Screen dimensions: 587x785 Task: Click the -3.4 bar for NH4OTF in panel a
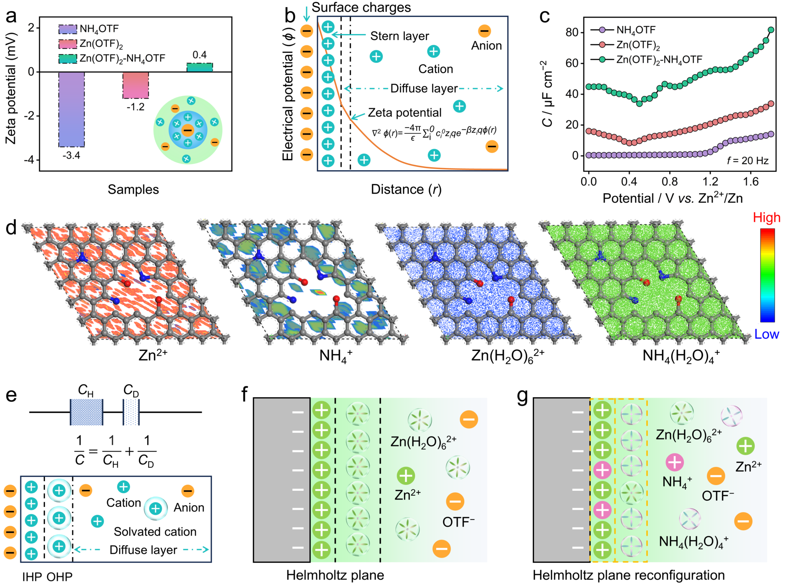pyautogui.click(x=72, y=109)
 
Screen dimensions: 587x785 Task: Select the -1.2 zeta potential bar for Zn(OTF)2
pyautogui.click(x=136, y=85)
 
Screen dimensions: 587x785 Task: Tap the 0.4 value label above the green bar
pyautogui.click(x=199, y=55)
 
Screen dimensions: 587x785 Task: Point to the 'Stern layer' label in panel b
pyautogui.click(x=399, y=36)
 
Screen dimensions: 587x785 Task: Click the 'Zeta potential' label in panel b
pyautogui.click(x=405, y=113)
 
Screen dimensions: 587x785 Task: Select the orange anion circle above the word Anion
pyautogui.click(x=484, y=31)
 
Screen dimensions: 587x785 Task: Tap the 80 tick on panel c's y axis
pyautogui.click(x=572, y=32)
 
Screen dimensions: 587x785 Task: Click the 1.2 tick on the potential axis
pyautogui.click(x=710, y=181)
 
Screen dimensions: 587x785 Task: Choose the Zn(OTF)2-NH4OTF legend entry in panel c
pyautogui.click(x=659, y=60)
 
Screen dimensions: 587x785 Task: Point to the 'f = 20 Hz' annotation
pyautogui.click(x=747, y=161)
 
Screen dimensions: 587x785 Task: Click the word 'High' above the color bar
pyautogui.click(x=766, y=217)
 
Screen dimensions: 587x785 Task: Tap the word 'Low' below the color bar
pyautogui.click(x=766, y=334)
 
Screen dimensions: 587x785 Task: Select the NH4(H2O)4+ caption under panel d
pyautogui.click(x=681, y=356)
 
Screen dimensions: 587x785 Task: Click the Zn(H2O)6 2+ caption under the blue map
pyautogui.click(x=507, y=356)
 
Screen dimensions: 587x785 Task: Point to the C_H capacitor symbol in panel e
pyautogui.click(x=86, y=412)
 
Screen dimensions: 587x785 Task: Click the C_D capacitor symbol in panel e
pyautogui.click(x=131, y=412)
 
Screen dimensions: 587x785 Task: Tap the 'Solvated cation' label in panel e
pyautogui.click(x=155, y=532)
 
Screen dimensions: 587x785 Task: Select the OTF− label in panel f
pyautogui.click(x=458, y=522)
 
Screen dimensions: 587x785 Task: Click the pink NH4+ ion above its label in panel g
pyautogui.click(x=675, y=462)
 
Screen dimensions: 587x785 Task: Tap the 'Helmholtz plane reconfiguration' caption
pyautogui.click(x=629, y=575)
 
